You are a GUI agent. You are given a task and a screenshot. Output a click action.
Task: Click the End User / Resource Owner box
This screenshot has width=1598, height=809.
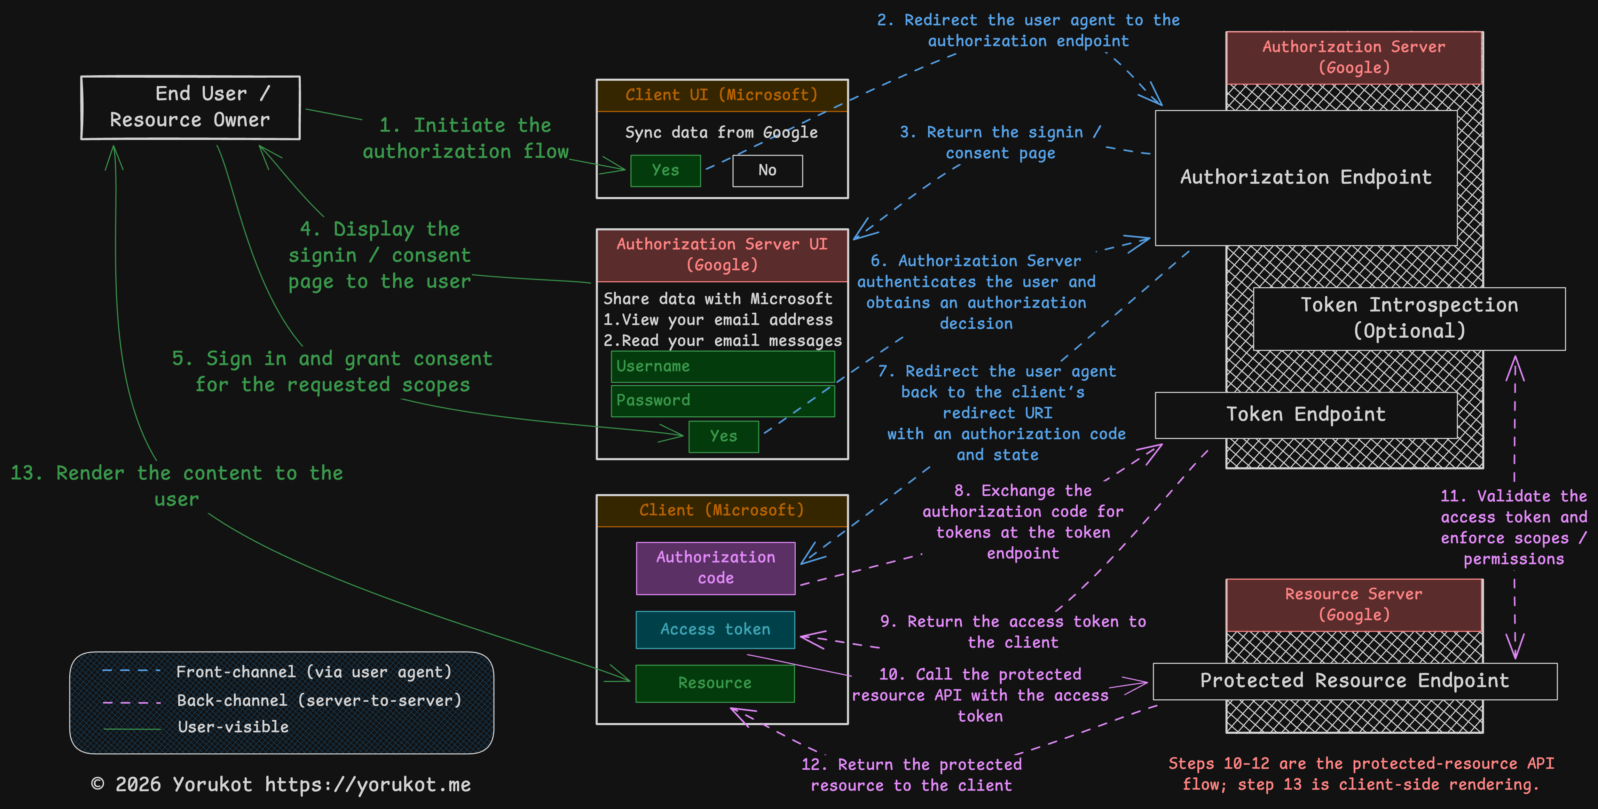pyautogui.click(x=190, y=107)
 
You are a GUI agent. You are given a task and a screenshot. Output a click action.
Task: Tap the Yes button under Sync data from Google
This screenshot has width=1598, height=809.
pyautogui.click(x=665, y=171)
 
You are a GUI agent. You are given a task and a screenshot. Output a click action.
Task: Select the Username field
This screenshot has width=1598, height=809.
pyautogui.click(x=723, y=367)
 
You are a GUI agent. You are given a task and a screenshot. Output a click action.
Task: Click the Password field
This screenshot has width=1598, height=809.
pyautogui.click(x=723, y=401)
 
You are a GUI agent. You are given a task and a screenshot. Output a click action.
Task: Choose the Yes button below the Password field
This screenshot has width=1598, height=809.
pyautogui.click(x=723, y=436)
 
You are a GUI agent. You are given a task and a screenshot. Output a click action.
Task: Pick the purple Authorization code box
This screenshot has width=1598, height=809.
pyautogui.click(x=715, y=568)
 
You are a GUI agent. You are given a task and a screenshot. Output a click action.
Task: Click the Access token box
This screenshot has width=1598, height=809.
pyautogui.click(x=715, y=630)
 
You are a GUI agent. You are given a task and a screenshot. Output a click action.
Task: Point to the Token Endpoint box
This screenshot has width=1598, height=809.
pyautogui.click(x=1306, y=415)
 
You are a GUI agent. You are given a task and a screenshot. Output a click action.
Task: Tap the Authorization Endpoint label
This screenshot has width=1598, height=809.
pyautogui.click(x=1306, y=178)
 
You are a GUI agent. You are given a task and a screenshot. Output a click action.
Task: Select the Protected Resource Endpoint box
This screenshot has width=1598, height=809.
pyautogui.click(x=1354, y=681)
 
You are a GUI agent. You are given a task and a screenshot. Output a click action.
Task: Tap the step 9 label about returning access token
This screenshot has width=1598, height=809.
pyautogui.click(x=1013, y=631)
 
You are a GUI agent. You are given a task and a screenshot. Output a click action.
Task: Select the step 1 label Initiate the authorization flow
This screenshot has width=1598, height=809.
pyautogui.click(x=465, y=138)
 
